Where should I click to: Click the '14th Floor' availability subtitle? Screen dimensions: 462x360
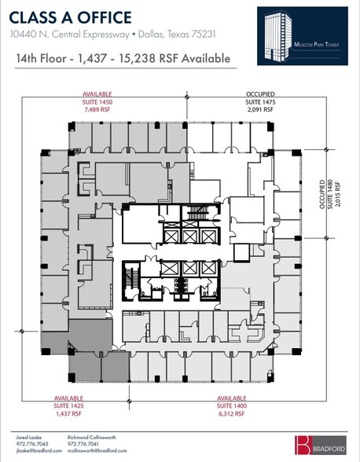click(x=123, y=58)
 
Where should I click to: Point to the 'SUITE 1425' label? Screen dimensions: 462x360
click(x=69, y=405)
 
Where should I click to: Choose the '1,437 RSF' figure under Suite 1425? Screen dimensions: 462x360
click(x=69, y=412)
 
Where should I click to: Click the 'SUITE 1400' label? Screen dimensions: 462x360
click(x=232, y=405)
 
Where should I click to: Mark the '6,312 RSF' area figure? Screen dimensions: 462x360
click(x=232, y=412)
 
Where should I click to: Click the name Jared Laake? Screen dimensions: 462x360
click(x=29, y=435)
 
